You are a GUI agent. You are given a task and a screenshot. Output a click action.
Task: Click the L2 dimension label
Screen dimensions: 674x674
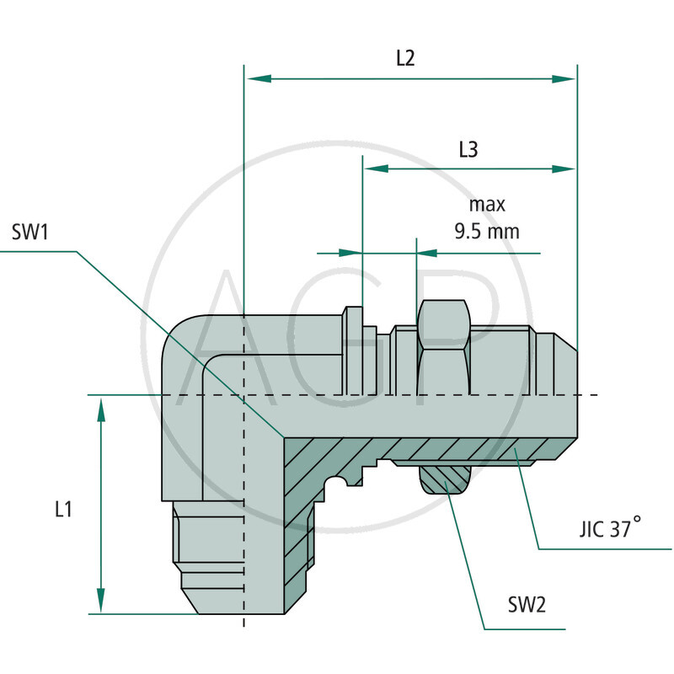pyautogui.click(x=405, y=58)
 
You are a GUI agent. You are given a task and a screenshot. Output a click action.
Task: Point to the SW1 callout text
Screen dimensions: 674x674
pyautogui.click(x=31, y=232)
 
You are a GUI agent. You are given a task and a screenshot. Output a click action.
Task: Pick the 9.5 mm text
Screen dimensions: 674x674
pyautogui.click(x=486, y=229)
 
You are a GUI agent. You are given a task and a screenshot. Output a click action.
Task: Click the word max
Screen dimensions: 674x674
pyautogui.click(x=486, y=204)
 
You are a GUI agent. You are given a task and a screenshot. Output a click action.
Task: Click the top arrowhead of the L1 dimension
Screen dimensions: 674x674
pyautogui.click(x=101, y=409)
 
